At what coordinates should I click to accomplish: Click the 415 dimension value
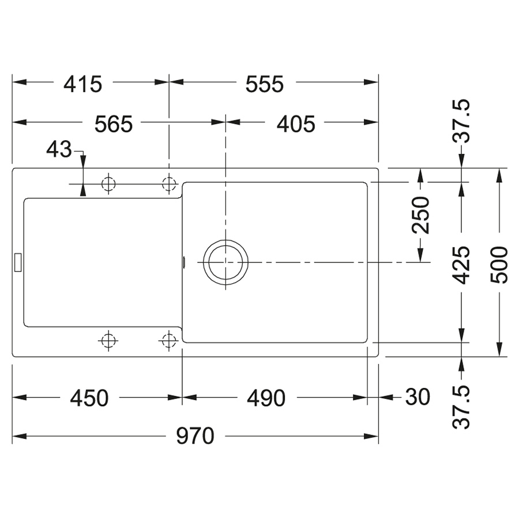[82, 84]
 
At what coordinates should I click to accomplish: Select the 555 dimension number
[265, 84]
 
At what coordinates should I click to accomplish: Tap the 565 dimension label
[114, 124]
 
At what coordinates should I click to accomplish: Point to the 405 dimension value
[296, 124]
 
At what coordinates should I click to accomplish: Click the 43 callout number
[59, 149]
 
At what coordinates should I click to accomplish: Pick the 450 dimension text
[89, 398]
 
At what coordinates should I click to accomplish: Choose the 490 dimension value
[266, 398]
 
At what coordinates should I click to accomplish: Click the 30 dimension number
[418, 397]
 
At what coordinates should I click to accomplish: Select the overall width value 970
[195, 436]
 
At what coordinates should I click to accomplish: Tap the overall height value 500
[499, 265]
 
